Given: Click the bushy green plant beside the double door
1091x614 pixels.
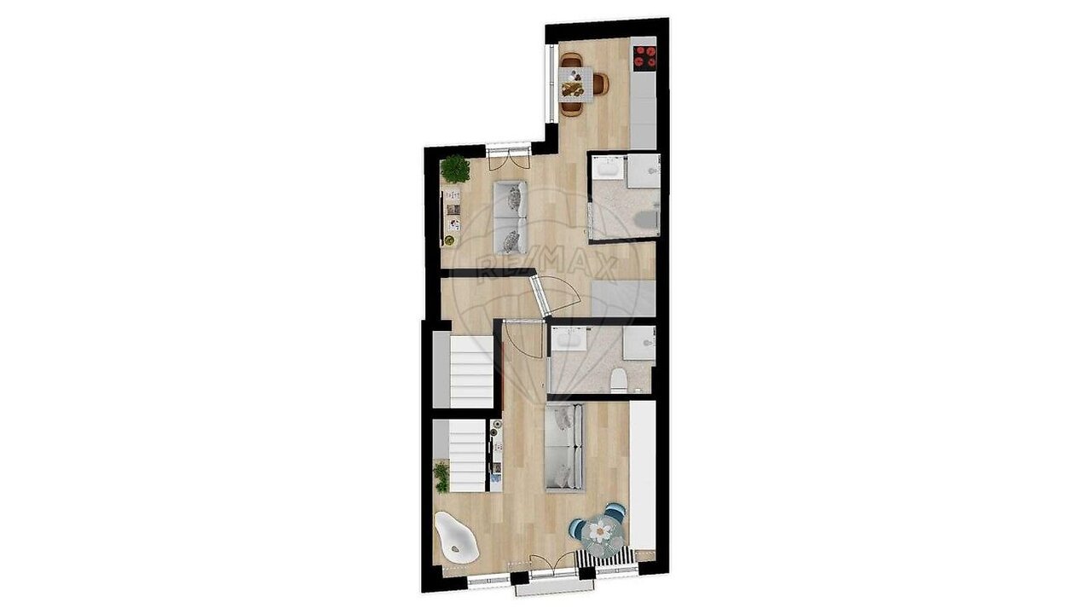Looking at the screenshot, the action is click(455, 169).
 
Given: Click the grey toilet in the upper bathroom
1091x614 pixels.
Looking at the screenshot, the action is click(646, 219).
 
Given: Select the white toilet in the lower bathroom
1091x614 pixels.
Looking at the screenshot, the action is click(619, 381).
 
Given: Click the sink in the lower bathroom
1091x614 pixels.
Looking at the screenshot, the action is click(569, 339).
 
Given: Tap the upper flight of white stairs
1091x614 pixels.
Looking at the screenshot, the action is click(471, 371).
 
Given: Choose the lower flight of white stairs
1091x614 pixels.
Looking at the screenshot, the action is click(467, 456).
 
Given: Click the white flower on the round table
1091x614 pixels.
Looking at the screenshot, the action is click(600, 531).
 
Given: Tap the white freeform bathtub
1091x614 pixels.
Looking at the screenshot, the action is click(115, 537).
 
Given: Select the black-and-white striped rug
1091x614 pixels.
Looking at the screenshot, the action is click(605, 557).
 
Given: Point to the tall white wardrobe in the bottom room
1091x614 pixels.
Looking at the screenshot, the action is click(643, 476).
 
